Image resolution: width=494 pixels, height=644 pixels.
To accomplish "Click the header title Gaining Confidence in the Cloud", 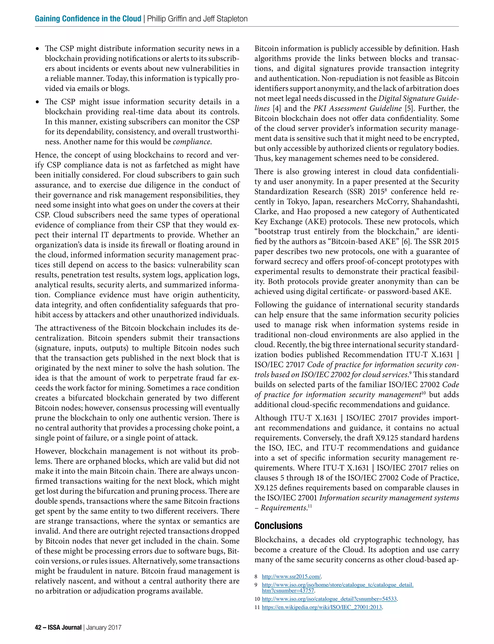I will [x=88, y=19].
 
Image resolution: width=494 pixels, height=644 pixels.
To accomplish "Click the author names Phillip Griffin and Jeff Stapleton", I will [x=197, y=19].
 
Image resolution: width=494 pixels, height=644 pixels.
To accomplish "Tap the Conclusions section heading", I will [x=278, y=525].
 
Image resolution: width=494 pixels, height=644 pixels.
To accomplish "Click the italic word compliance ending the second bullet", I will [x=192, y=142].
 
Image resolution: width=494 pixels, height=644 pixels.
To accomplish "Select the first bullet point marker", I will [x=37, y=49].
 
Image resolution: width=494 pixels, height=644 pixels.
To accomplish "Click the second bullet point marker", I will [x=37, y=102].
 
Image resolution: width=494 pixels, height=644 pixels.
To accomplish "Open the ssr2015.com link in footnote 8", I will [x=291, y=576].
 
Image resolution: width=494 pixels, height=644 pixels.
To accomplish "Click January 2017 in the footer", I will [x=103, y=627].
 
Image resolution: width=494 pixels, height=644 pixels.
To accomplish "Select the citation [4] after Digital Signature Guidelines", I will [x=277, y=109].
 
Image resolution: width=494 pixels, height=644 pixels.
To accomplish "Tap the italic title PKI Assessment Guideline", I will [x=357, y=109].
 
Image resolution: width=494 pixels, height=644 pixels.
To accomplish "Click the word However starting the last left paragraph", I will [x=51, y=451].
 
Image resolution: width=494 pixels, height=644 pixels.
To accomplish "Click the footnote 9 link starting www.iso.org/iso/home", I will [x=337, y=585].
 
